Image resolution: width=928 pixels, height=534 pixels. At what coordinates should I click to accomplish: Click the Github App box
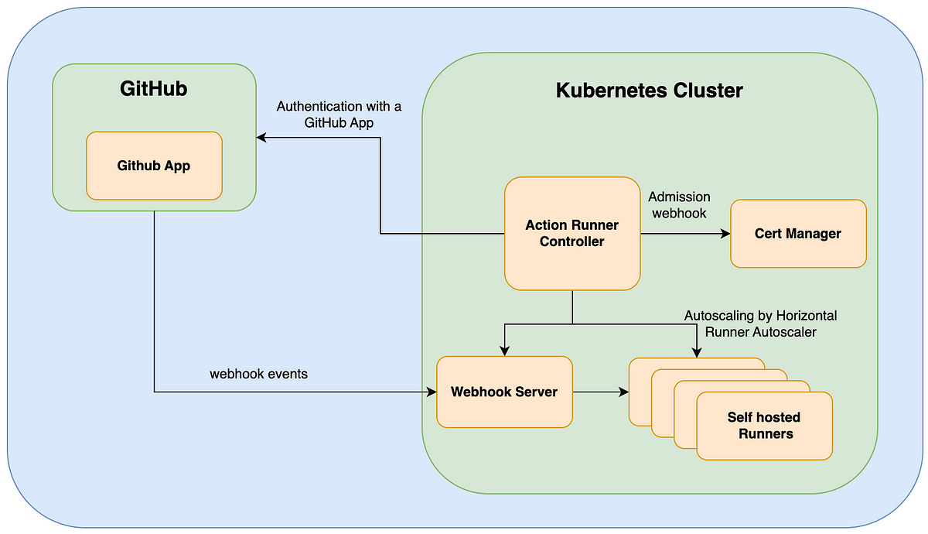tap(154, 166)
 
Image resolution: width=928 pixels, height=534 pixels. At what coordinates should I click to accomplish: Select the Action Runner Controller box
tap(572, 234)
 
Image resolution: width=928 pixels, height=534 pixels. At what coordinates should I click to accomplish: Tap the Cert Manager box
tap(798, 234)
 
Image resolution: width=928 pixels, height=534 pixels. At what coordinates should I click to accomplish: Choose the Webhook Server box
tap(504, 392)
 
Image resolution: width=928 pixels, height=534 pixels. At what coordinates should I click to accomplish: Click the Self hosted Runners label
tap(764, 426)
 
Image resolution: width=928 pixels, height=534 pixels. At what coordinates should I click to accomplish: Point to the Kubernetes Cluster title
tap(649, 91)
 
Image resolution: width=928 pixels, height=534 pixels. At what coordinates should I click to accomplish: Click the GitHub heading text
tap(154, 89)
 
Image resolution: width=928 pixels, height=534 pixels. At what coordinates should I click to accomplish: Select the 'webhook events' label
tap(258, 374)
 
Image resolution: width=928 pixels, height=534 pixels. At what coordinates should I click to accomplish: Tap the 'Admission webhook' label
tap(680, 205)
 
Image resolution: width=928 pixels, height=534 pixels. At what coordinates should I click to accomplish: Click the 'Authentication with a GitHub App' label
tap(339, 115)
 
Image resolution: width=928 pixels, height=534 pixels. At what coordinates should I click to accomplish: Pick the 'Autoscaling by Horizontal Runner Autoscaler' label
tap(761, 323)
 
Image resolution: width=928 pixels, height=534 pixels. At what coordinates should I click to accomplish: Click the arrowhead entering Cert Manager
tap(725, 234)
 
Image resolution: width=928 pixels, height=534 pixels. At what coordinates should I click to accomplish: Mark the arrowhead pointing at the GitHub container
tap(261, 138)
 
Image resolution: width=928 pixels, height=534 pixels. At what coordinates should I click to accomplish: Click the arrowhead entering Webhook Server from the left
tap(432, 392)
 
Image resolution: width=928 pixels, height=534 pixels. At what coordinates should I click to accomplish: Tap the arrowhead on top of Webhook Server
tap(504, 351)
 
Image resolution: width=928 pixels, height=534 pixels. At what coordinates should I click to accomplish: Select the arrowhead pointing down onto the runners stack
tap(697, 353)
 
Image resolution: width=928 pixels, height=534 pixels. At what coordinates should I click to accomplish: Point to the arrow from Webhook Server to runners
tap(601, 392)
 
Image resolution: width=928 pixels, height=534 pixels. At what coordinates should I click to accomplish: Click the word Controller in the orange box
tap(572, 241)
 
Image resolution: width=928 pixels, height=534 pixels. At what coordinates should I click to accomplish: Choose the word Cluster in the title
tap(708, 91)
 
